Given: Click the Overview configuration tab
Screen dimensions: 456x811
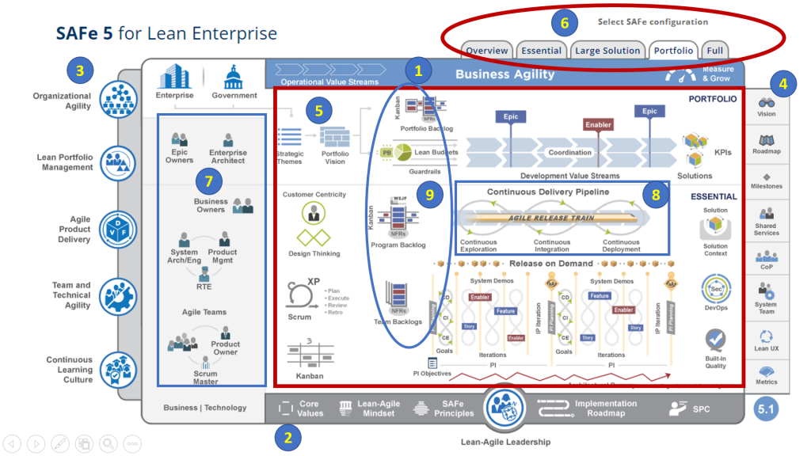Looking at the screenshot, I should pyautogui.click(x=487, y=51).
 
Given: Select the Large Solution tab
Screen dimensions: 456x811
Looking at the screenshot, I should pyautogui.click(x=607, y=51).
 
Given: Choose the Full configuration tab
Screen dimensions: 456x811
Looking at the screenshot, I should pyautogui.click(x=714, y=51).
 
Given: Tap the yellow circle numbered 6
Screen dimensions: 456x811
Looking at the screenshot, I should pyautogui.click(x=564, y=23).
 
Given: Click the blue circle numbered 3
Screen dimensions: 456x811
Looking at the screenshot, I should pyautogui.click(x=79, y=70).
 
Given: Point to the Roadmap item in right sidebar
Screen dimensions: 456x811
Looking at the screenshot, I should pyautogui.click(x=766, y=145).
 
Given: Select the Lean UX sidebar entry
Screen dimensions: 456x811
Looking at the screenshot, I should pyautogui.click(x=766, y=340).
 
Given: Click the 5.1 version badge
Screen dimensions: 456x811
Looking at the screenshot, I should pyautogui.click(x=766, y=409).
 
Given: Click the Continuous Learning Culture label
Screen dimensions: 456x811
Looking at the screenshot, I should pyautogui.click(x=69, y=370).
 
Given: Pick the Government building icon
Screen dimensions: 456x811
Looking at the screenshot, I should pyautogui.click(x=234, y=78).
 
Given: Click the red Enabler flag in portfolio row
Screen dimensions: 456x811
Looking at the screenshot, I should pyautogui.click(x=599, y=125).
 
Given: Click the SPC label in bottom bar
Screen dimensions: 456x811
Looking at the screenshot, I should pyautogui.click(x=699, y=408).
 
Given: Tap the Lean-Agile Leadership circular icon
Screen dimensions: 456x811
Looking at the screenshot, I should pyautogui.click(x=504, y=407).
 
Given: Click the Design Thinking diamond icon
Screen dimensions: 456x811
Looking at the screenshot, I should pyautogui.click(x=313, y=237).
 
